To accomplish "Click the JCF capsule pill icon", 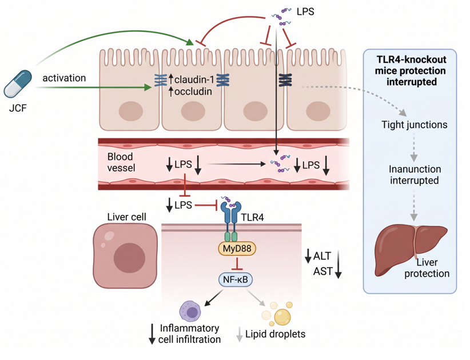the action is tap(18, 84).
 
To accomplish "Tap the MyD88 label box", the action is tap(237, 249).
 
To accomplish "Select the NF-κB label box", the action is tap(236, 279).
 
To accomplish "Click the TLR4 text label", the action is tap(252, 217).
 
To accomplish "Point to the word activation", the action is tap(64, 78).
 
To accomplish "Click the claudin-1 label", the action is tap(194, 79).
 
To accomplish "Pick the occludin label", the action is tap(193, 91).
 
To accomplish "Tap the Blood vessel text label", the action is tap(121, 162).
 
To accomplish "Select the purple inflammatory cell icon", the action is tap(190, 311).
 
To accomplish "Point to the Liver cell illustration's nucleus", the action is tap(129, 258).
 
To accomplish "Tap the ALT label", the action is tap(322, 256).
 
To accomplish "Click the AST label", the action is tap(323, 271).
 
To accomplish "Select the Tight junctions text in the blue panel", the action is tap(414, 125).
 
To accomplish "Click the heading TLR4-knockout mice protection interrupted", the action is tap(411, 70).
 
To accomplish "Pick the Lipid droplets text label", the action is tap(275, 334).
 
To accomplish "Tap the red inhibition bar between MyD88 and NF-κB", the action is tap(237, 263).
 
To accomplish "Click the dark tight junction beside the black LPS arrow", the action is tap(285, 80).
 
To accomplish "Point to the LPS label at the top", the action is tap(305, 11).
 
